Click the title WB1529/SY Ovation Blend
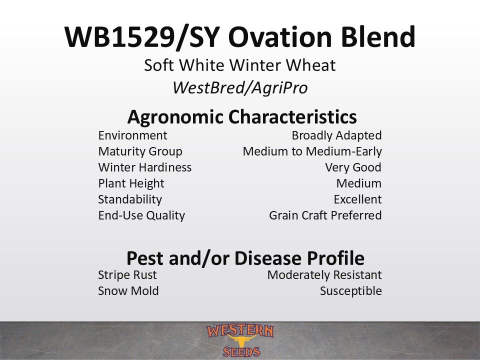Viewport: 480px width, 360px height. (239, 37)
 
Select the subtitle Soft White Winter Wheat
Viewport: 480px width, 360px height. (239, 65)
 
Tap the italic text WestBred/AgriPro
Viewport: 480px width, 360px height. (240, 88)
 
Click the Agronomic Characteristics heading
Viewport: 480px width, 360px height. (242, 117)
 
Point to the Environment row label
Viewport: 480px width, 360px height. (132, 135)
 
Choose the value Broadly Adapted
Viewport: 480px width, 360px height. (336, 136)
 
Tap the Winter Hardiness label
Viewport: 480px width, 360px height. (145, 167)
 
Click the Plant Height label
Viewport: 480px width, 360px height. (131, 183)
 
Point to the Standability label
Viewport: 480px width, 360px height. (130, 199)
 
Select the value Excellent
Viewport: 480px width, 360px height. (357, 199)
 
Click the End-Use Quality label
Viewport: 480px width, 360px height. (141, 215)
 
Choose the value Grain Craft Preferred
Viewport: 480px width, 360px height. (325, 215)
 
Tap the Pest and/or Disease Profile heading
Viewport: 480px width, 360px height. (245, 258)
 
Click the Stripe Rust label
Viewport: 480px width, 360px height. (127, 275)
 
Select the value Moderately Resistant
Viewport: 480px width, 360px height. (324, 275)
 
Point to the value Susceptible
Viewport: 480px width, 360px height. (351, 291)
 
